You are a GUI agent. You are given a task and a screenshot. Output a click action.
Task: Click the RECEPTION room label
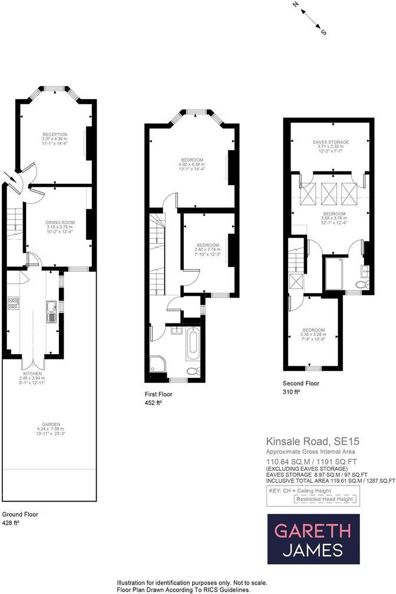[x=54, y=134]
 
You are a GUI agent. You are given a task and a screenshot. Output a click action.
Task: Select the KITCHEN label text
[x=31, y=374]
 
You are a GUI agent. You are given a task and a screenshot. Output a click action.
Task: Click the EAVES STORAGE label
[x=331, y=142]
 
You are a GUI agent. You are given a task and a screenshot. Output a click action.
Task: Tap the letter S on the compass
[x=324, y=33]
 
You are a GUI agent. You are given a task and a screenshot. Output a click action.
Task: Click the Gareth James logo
[x=313, y=539]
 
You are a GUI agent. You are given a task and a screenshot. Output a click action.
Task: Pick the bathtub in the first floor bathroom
[x=193, y=345]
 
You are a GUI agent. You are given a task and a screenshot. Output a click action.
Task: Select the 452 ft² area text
[x=153, y=403]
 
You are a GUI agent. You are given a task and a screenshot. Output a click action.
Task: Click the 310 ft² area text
[x=292, y=392]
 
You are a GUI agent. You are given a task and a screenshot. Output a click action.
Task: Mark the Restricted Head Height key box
[x=324, y=499]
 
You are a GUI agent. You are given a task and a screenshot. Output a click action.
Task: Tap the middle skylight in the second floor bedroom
[x=328, y=192]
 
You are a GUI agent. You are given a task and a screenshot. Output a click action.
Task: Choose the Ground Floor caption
[x=20, y=514]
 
